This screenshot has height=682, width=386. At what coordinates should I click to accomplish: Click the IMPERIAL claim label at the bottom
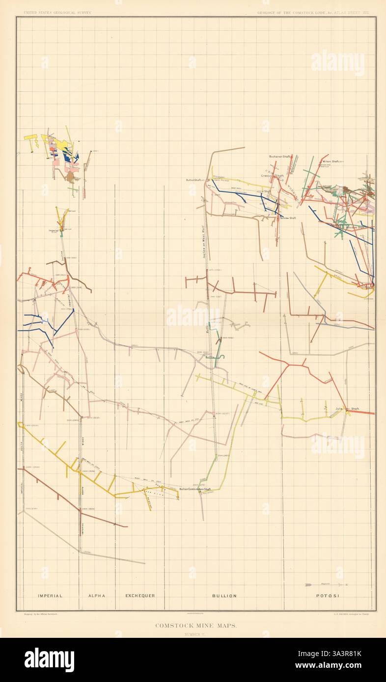tap(51, 596)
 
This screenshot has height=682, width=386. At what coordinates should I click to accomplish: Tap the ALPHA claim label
tap(97, 596)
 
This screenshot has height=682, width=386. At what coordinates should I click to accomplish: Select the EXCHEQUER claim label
tap(140, 596)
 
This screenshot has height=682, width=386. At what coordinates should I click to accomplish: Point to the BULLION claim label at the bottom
tap(224, 596)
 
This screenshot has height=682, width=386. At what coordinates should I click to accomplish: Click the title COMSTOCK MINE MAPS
tap(196, 625)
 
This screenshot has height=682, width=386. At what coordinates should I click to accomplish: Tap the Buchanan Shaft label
tap(280, 157)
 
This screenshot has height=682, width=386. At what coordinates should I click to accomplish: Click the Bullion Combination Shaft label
tap(195, 489)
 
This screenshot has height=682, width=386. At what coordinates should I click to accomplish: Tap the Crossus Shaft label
tap(272, 175)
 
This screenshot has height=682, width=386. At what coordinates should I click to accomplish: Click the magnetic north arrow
tap(325, 584)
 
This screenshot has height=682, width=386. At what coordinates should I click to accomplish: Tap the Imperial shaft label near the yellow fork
tap(54, 230)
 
